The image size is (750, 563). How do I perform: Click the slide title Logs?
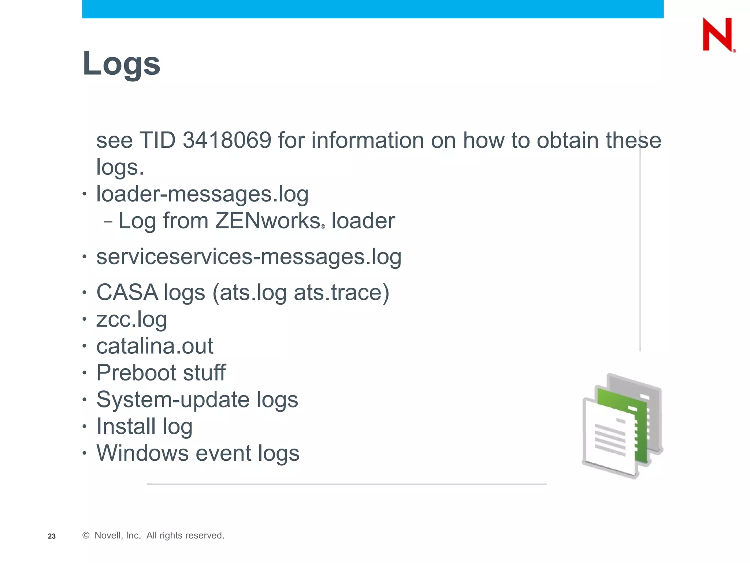pyautogui.click(x=121, y=63)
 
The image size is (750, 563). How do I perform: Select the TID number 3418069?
pyautogui.click(x=227, y=140)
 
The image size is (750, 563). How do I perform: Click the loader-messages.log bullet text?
pyautogui.click(x=202, y=194)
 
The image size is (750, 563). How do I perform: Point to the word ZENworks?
pyautogui.click(x=268, y=221)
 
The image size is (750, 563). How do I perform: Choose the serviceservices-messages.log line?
pyautogui.click(x=249, y=257)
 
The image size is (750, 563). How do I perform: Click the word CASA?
pyautogui.click(x=127, y=292)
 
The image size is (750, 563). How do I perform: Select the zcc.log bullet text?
pyautogui.click(x=131, y=320)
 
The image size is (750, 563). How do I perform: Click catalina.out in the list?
pyautogui.click(x=155, y=346)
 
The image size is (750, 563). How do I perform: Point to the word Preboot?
pyautogui.click(x=136, y=373)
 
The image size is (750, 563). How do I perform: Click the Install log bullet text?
pyautogui.click(x=144, y=427)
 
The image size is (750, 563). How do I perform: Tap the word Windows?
pyautogui.click(x=142, y=453)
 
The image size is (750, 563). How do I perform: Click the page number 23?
pyautogui.click(x=52, y=536)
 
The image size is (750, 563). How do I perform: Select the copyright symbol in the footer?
pyautogui.click(x=86, y=536)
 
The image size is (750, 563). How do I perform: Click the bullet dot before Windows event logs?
pyautogui.click(x=85, y=453)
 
